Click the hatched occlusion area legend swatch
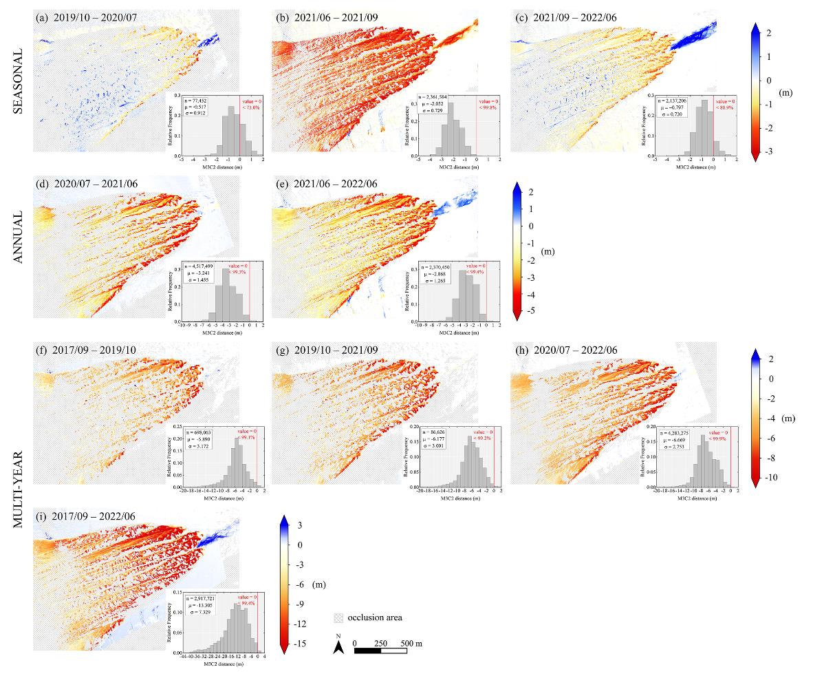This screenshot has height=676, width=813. [338, 617]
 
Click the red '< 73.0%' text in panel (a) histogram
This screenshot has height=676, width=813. [250, 108]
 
